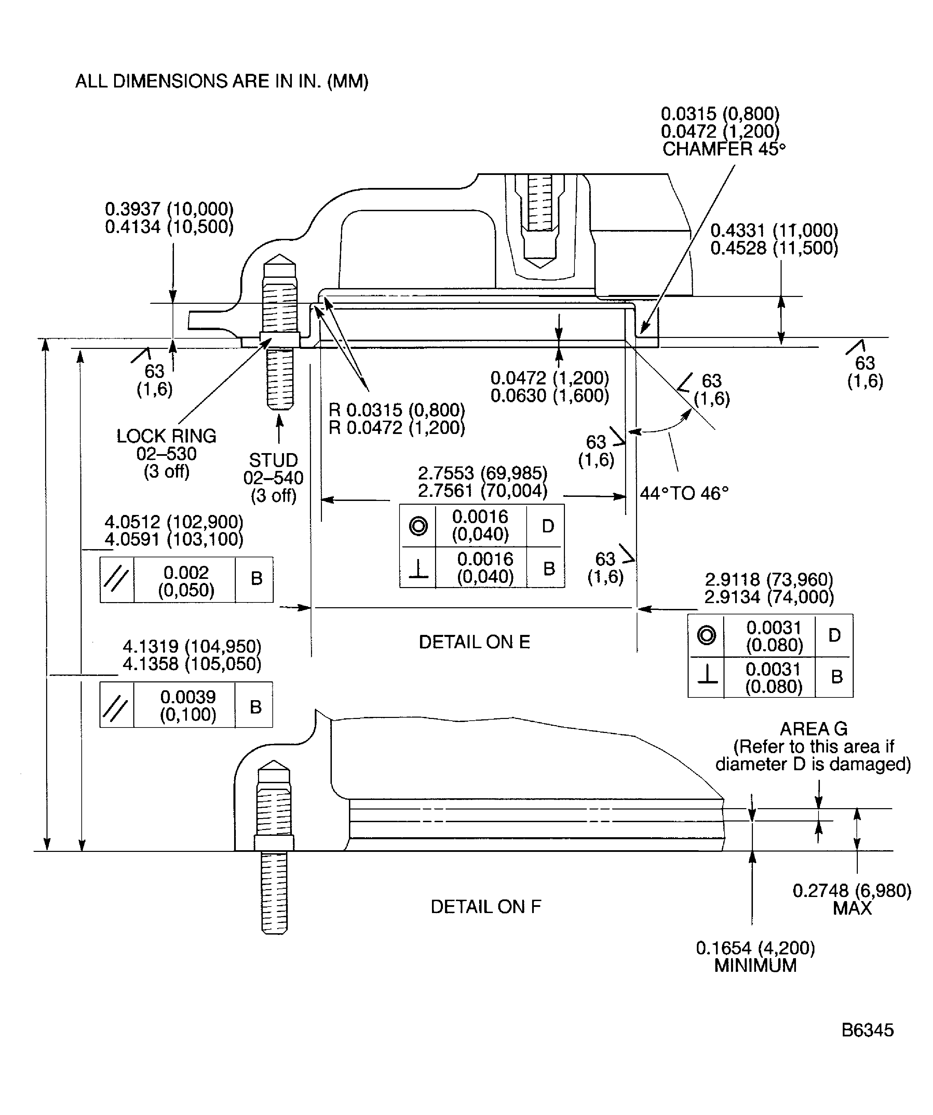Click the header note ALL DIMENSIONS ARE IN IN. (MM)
[x=221, y=81]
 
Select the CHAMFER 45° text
[x=723, y=149]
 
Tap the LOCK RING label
[x=166, y=436]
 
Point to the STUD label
[x=273, y=460]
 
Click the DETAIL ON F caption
[x=485, y=906]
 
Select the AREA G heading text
[x=813, y=729]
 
